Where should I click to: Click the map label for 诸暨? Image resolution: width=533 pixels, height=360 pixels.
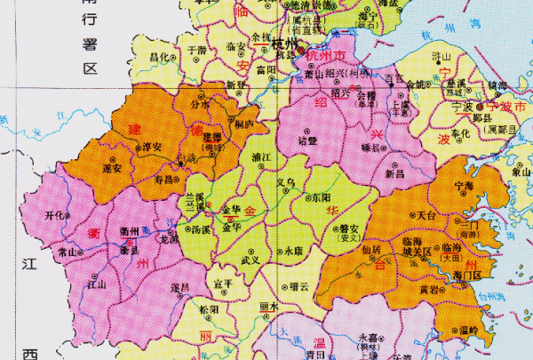coord(307,140)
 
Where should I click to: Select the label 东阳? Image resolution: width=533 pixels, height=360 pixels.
coord(322,197)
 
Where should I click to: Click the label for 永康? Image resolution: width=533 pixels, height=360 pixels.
coord(294,252)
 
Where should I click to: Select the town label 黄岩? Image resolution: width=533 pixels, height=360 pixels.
coord(429,289)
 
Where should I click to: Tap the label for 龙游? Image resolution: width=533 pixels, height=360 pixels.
coord(169,239)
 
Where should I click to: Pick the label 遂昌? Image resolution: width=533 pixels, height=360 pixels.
coord(180,287)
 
